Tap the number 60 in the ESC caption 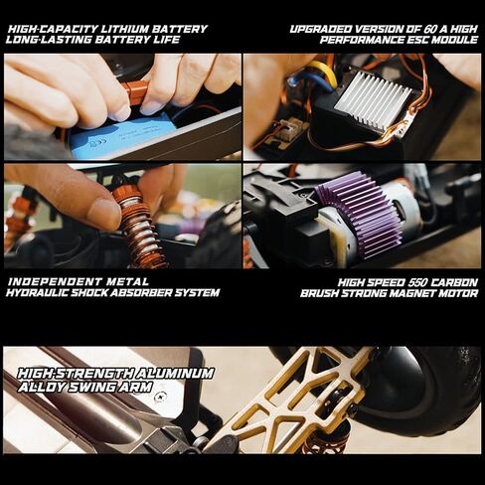(431, 29)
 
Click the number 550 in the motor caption (419, 282)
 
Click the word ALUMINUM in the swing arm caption (172, 374)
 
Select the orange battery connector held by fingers (136, 93)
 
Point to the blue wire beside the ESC (294, 82)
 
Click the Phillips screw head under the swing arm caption (162, 396)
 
